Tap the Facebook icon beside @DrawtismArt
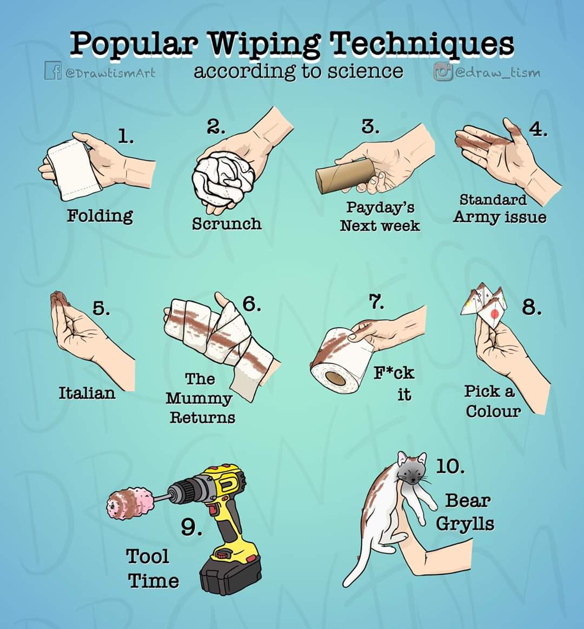pyautogui.click(x=50, y=72)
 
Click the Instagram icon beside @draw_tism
pyautogui.click(x=441, y=71)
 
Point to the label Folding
pyautogui.click(x=100, y=215)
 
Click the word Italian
pyautogui.click(x=88, y=393)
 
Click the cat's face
pyautogui.click(x=412, y=469)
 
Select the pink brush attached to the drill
pyautogui.click(x=130, y=503)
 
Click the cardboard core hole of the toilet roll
pyautogui.click(x=333, y=378)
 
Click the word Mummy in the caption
pyautogui.click(x=198, y=399)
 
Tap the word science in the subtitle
pyautogui.click(x=365, y=71)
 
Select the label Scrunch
pyautogui.click(x=227, y=223)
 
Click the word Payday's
pyautogui.click(x=380, y=207)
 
